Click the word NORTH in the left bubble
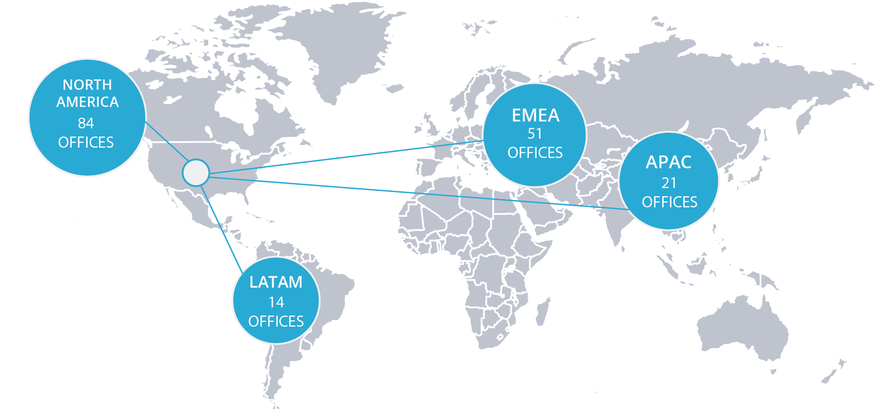(x=87, y=84)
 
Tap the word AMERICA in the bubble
(x=87, y=102)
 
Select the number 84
(x=86, y=123)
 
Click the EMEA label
(x=535, y=115)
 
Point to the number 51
(x=535, y=133)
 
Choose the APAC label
(x=668, y=162)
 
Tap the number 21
(x=669, y=183)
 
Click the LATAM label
(x=276, y=282)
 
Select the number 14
(x=276, y=302)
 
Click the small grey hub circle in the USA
(x=196, y=172)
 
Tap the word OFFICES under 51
(x=535, y=153)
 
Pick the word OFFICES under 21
(x=669, y=202)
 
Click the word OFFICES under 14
(x=276, y=322)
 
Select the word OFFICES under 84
(x=86, y=143)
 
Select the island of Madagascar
(x=543, y=310)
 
